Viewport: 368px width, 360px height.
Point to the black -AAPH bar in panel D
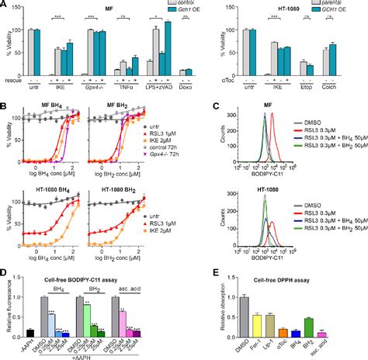click(28, 333)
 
